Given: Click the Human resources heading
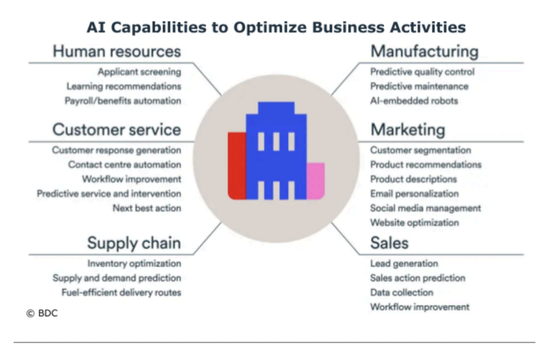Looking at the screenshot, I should click(x=117, y=51).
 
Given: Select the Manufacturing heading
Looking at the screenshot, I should click(x=424, y=51).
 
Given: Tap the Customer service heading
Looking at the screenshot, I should click(x=117, y=130).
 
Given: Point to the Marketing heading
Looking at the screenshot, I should click(x=407, y=130).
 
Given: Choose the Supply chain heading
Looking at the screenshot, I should click(x=134, y=243).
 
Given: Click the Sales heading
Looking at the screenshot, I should click(x=389, y=243).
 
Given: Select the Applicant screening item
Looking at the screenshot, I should click(x=139, y=72).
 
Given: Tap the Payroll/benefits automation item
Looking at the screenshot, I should click(x=123, y=101).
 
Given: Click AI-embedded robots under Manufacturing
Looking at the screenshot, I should click(x=414, y=101).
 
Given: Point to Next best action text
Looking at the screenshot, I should click(x=147, y=208).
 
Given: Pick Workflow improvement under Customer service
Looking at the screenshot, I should click(x=132, y=179).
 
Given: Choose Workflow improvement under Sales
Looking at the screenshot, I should click(x=419, y=307).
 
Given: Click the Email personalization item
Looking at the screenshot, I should click(x=414, y=193).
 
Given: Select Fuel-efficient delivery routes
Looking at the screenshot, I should click(x=121, y=292).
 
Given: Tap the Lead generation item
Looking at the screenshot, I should click(x=404, y=264).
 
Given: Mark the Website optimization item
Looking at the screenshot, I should click(x=414, y=223).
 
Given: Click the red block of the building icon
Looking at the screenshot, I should click(x=237, y=166).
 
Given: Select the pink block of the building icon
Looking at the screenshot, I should click(x=316, y=180).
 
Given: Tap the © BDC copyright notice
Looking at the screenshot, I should click(x=42, y=313).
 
